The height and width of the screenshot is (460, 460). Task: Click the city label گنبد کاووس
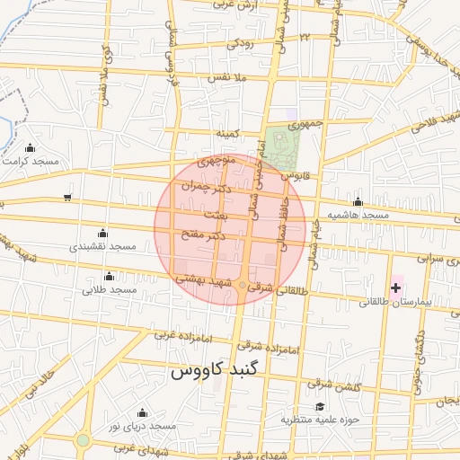click(x=216, y=370)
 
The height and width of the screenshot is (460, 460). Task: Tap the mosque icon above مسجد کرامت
click(x=31, y=147)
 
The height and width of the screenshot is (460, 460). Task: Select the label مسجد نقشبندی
click(x=101, y=245)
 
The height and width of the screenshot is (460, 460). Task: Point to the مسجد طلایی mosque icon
click(x=110, y=276)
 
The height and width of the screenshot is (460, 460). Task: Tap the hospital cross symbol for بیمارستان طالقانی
click(x=396, y=287)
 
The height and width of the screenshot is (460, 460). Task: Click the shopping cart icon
click(x=68, y=198)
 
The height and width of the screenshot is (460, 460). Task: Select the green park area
click(x=280, y=146)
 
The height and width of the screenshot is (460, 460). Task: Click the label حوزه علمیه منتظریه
click(x=320, y=419)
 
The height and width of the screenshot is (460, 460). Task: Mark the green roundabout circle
click(x=84, y=440)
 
